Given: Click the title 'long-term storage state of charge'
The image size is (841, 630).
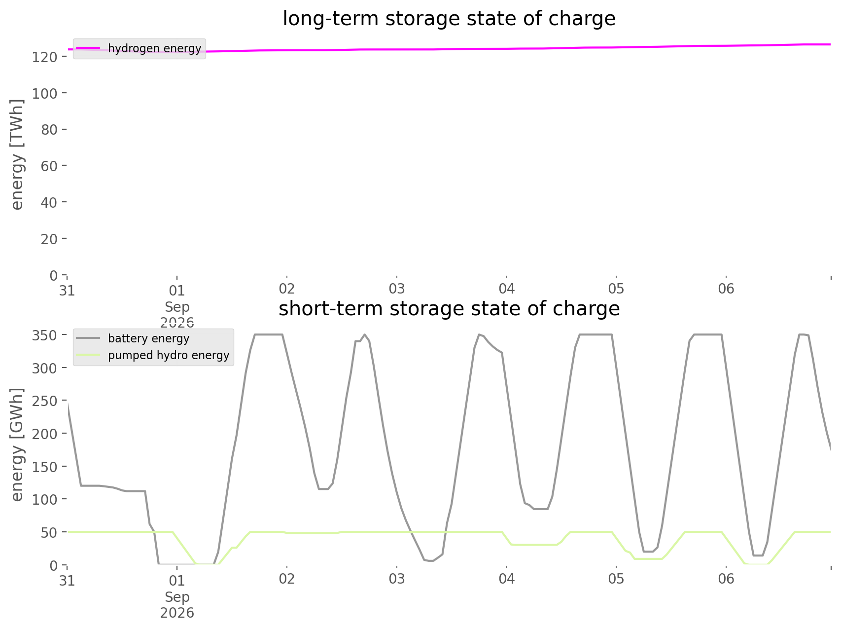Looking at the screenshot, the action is [x=449, y=19].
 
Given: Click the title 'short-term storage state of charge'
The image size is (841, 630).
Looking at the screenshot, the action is [x=449, y=309].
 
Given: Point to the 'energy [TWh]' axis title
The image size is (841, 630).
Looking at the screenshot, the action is [x=17, y=154].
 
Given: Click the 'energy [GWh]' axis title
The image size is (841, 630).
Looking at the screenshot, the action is [x=17, y=445].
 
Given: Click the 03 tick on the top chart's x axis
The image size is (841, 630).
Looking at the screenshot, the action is [x=396, y=289].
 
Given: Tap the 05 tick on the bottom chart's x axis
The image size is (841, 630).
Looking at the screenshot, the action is [x=616, y=579].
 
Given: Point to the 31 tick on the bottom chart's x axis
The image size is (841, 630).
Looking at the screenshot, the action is [x=67, y=579].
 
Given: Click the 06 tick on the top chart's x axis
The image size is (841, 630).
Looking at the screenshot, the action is [x=726, y=289].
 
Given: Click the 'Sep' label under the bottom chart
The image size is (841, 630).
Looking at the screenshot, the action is [x=177, y=597].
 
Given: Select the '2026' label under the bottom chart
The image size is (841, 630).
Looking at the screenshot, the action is [x=177, y=613].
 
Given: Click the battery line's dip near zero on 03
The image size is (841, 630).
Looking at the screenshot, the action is [x=430, y=560].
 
